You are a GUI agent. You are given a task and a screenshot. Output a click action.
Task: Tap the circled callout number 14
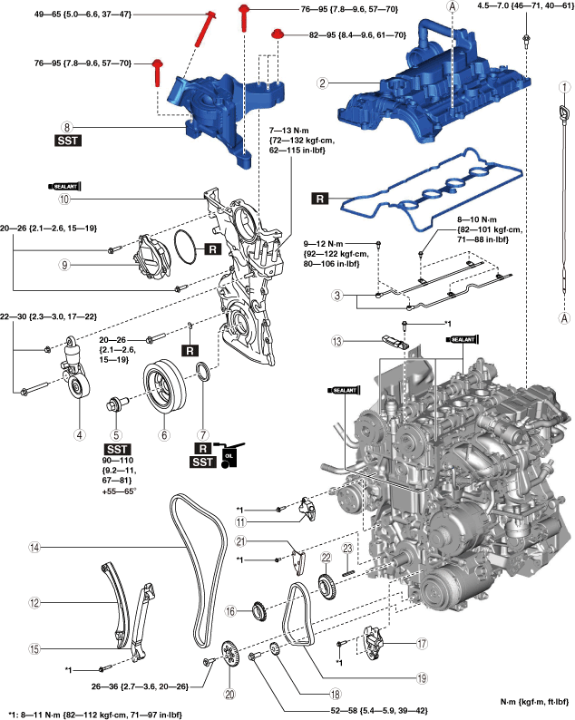point(34,548)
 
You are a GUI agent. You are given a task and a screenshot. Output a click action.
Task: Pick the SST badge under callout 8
point(66,143)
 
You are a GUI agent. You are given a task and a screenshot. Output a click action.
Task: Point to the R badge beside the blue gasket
point(320,197)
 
